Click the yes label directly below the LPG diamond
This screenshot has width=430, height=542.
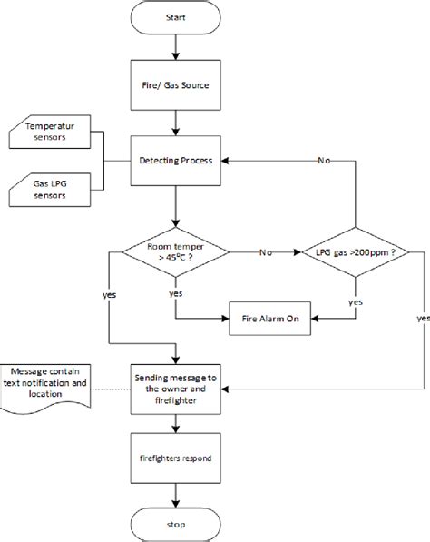[x=355, y=301]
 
